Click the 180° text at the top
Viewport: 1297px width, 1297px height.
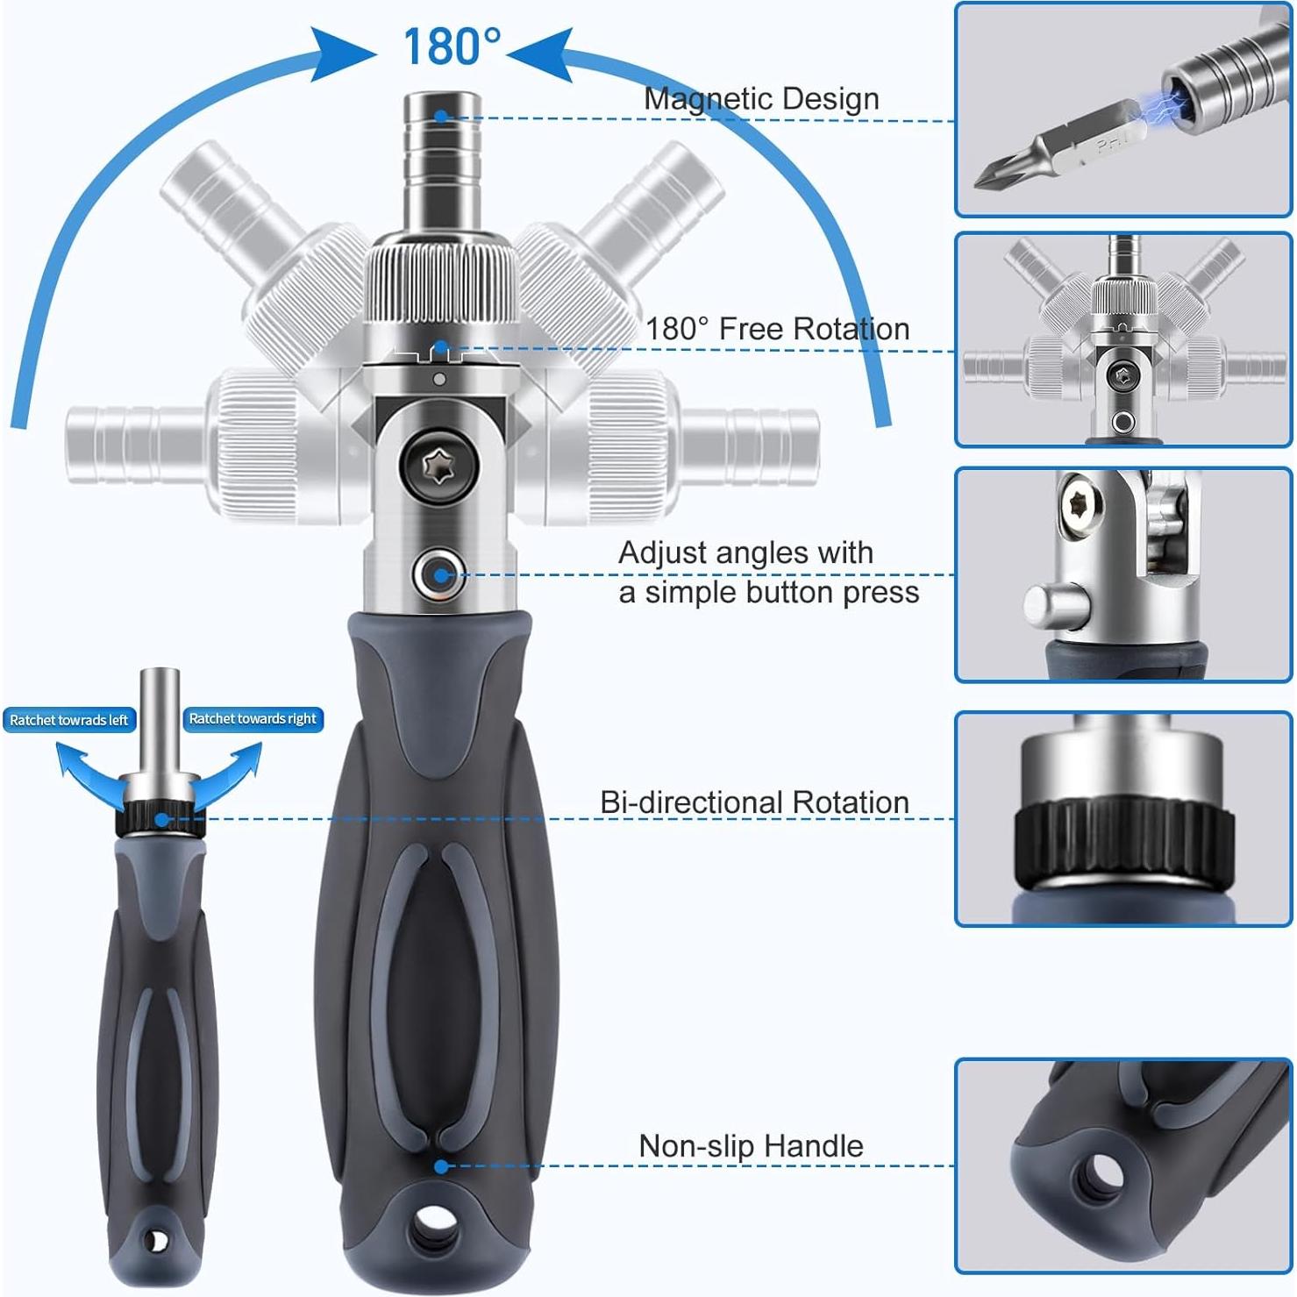[x=452, y=46]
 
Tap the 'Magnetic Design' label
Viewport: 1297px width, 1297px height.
[x=760, y=98]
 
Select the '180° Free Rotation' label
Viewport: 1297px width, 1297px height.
[x=777, y=329]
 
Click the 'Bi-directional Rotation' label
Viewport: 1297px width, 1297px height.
[x=754, y=802]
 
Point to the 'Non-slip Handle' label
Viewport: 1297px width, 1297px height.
[x=751, y=1146]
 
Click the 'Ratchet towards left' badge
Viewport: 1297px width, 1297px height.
[x=68, y=720]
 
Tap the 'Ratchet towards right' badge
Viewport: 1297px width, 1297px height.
[x=253, y=719]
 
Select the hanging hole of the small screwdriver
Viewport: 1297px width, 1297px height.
[x=156, y=1241]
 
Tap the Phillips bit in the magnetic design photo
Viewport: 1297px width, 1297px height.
[x=1061, y=149]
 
